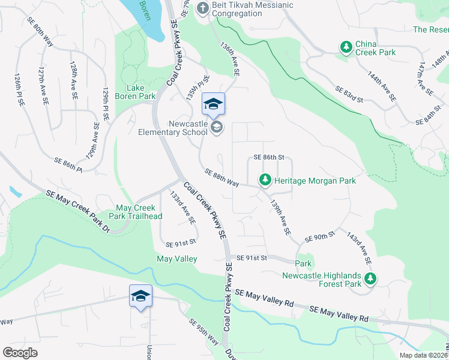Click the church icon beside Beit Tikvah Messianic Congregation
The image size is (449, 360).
(x=203, y=9)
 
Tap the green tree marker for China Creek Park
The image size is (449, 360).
(x=346, y=47)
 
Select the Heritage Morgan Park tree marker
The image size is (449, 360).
(x=265, y=179)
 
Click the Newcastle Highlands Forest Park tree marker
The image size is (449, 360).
(x=371, y=278)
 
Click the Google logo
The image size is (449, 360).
(x=20, y=353)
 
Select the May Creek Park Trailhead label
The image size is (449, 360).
(x=139, y=213)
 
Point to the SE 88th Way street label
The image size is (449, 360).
(x=221, y=178)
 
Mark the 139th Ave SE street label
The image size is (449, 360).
(x=280, y=217)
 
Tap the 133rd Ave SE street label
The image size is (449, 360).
(x=182, y=208)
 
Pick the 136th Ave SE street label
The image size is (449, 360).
(x=229, y=59)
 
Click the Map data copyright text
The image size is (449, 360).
(x=423, y=355)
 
